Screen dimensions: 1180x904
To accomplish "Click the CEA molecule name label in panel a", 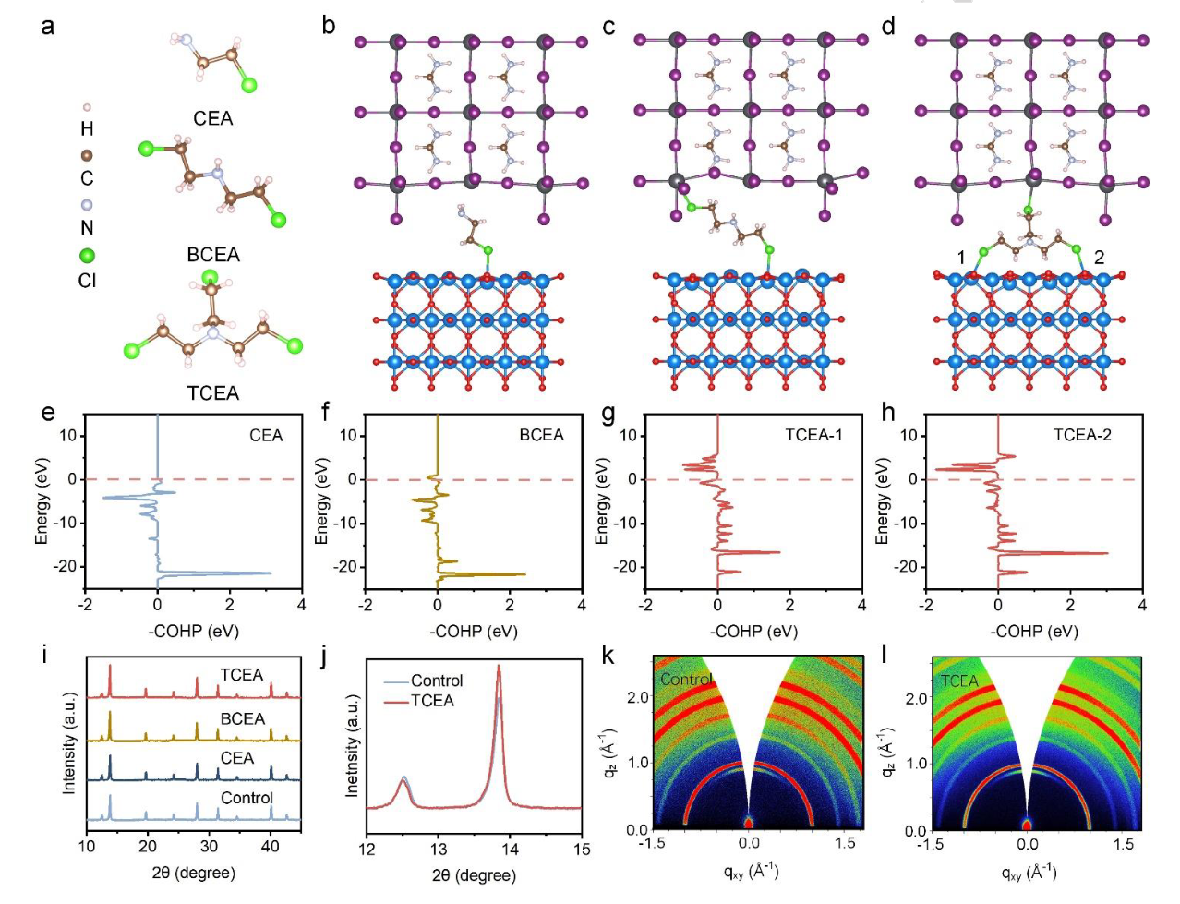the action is click(x=213, y=118).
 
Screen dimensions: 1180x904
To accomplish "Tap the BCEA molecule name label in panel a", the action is click(x=213, y=255).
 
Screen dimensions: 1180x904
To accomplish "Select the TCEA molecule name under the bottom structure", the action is click(x=213, y=392).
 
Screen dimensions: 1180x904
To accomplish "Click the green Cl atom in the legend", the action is click(x=87, y=255).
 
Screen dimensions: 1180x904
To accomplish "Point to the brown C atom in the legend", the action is click(x=87, y=156).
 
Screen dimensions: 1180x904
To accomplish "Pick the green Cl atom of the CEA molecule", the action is click(x=248, y=85).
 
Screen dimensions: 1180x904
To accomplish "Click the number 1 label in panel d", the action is click(x=961, y=258).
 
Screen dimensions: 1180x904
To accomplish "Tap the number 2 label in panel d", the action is click(x=1099, y=258).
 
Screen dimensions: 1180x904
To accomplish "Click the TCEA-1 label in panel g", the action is click(x=813, y=435).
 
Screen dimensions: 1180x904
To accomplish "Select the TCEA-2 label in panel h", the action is click(x=1082, y=435).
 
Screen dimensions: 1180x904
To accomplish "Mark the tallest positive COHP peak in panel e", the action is click(x=270, y=573).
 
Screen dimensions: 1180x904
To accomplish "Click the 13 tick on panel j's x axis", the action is click(x=439, y=848).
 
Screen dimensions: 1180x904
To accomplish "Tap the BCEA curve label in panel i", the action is click(x=243, y=718).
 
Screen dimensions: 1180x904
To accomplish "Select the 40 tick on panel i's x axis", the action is click(x=271, y=845).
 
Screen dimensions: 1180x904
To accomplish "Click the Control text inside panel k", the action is click(x=686, y=679).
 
